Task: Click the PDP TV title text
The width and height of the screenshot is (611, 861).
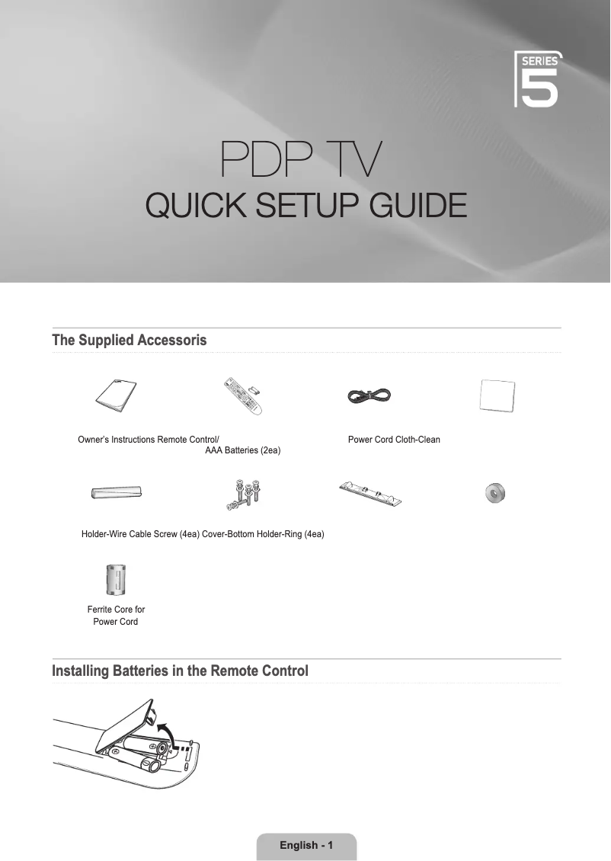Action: [x=305, y=159]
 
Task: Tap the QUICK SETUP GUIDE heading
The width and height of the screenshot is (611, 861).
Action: [x=305, y=205]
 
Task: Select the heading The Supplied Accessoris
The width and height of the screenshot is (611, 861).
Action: [x=129, y=340]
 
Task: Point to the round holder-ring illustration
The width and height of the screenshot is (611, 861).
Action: [x=495, y=494]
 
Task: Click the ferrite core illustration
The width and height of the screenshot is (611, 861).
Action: [x=115, y=579]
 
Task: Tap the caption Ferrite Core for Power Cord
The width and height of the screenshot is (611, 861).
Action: [x=116, y=616]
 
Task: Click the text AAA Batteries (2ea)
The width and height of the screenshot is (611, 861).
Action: [x=243, y=452]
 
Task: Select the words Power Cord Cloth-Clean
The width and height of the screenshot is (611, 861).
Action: [x=394, y=440]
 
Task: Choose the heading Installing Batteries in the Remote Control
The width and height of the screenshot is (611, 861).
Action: [x=180, y=671]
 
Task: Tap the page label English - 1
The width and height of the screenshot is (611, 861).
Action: [x=306, y=845]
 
